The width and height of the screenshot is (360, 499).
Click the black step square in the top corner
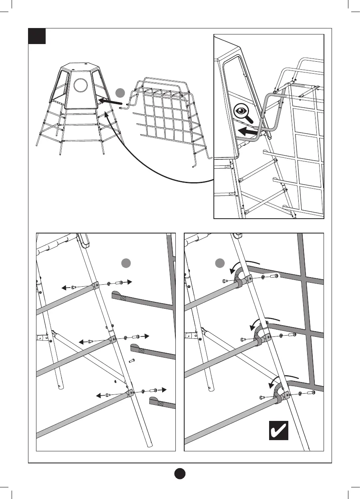37,36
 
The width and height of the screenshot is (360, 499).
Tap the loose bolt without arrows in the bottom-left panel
131,361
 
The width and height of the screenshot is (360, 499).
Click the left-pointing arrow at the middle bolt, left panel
84,342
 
